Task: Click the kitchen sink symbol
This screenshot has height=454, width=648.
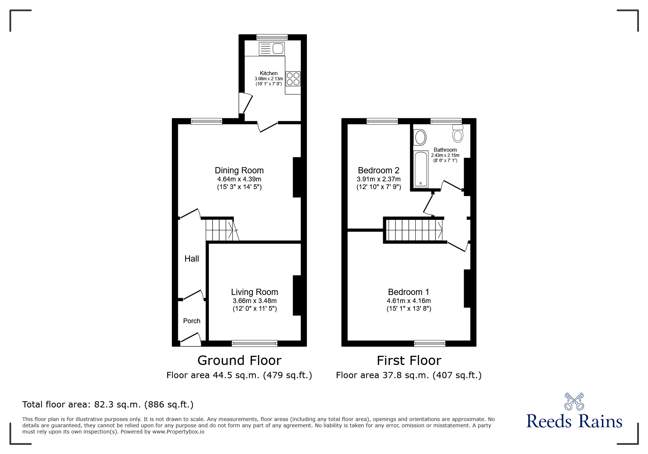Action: [271, 48]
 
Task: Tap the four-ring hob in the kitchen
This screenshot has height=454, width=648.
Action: [293, 79]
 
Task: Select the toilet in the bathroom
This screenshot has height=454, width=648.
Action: [457, 134]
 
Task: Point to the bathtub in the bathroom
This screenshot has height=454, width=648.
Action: [420, 169]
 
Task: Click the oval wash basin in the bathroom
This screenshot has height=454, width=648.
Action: [420, 137]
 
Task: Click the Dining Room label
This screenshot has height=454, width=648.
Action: [239, 170]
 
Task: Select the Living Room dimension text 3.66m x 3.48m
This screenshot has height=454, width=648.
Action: [254, 300]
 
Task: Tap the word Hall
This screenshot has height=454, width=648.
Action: [191, 259]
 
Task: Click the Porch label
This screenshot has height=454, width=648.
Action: [191, 321]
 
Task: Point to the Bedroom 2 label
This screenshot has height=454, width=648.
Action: [378, 170]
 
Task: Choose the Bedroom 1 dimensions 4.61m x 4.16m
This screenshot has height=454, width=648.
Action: [408, 300]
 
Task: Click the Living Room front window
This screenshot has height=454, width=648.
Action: [254, 343]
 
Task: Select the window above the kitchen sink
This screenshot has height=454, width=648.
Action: [272, 37]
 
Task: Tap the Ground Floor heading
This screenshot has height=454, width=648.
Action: [239, 360]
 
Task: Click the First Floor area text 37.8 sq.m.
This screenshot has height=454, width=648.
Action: [408, 375]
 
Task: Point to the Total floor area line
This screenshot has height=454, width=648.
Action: [108, 405]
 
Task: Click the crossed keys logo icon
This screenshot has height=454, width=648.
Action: [574, 401]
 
